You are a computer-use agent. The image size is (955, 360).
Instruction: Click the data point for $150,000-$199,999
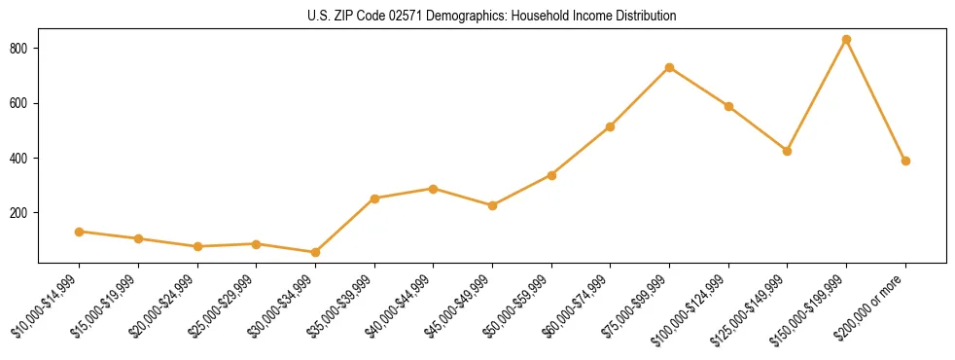[x=846, y=40]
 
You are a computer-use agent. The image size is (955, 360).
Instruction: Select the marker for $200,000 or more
[x=905, y=162]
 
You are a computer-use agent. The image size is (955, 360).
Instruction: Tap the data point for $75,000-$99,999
[x=669, y=67]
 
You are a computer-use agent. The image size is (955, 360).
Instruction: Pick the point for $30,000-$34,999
[x=315, y=253]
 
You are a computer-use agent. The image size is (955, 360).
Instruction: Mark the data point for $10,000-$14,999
[x=79, y=232]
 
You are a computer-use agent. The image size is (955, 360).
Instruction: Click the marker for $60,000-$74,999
[x=610, y=126]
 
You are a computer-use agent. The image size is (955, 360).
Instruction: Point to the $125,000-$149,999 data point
[x=787, y=151]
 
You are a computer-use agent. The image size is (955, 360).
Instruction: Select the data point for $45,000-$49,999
[x=492, y=205]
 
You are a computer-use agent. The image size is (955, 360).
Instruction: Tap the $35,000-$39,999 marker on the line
[x=373, y=198]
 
